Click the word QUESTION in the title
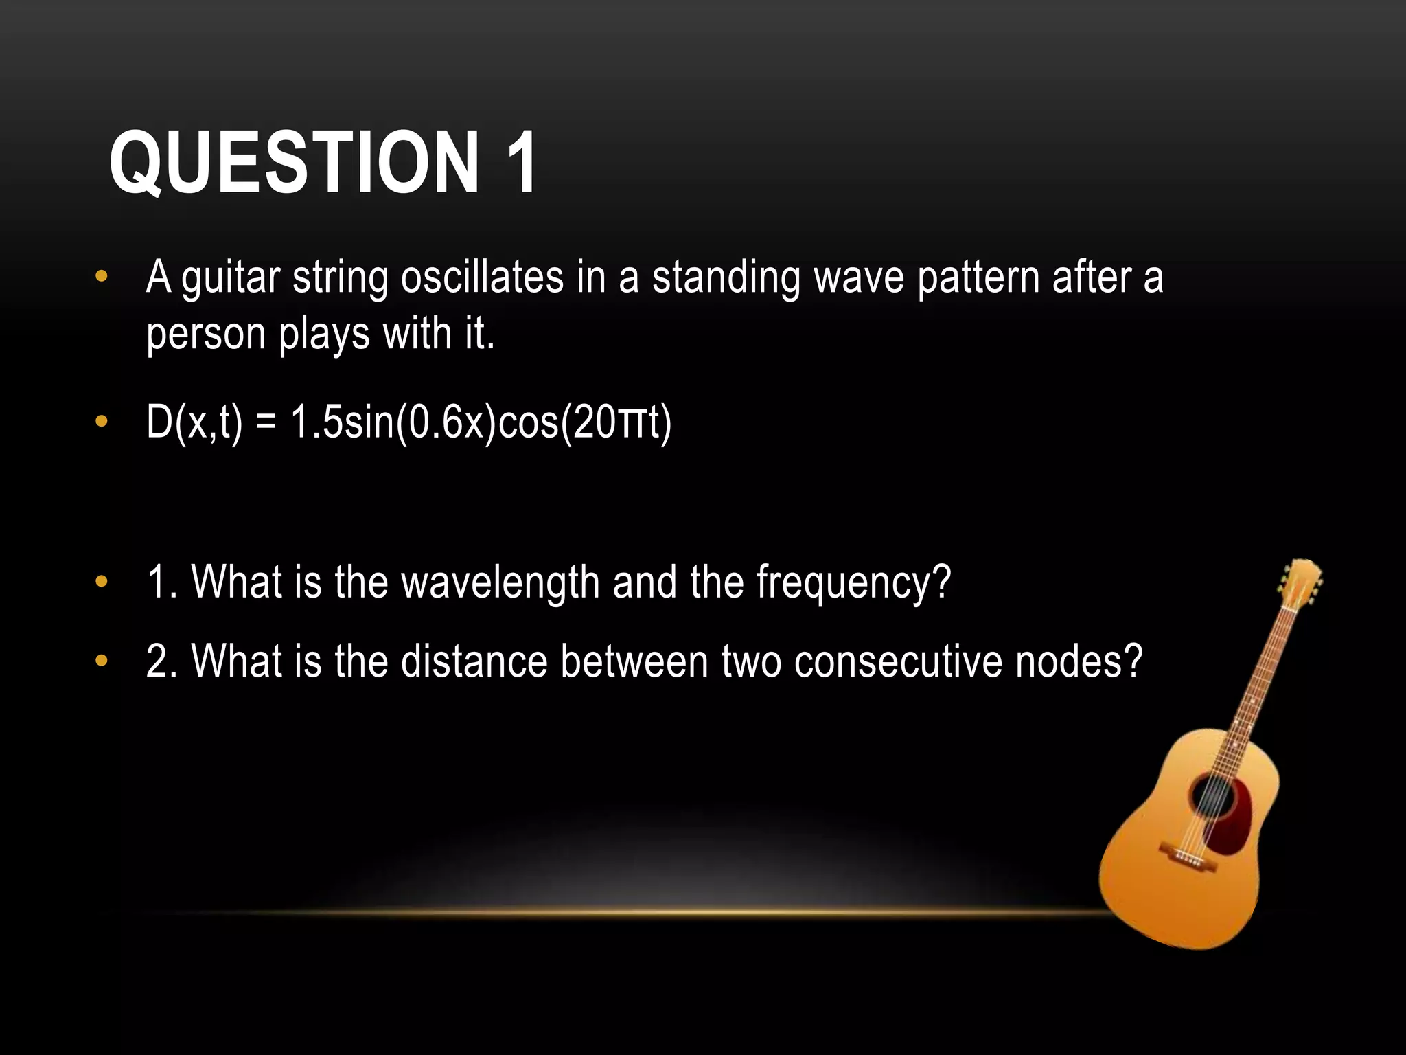294,163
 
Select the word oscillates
482,277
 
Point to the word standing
726,279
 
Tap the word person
206,335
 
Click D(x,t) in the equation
194,422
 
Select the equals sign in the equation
266,423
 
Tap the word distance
474,661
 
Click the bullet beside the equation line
102,422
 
